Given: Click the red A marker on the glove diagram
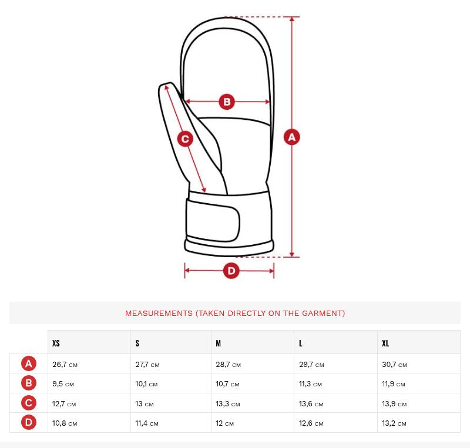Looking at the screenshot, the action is click(x=291, y=137).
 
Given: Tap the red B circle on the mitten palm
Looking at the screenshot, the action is click(x=227, y=102).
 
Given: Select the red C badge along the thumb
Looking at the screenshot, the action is click(x=185, y=139).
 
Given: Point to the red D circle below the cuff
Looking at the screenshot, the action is click(x=231, y=271).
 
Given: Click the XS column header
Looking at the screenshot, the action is click(x=56, y=343).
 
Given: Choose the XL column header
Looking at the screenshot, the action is click(x=385, y=343).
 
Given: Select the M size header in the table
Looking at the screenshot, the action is click(x=218, y=343).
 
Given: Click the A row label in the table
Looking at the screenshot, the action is click(x=29, y=363).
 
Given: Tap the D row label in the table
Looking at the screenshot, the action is click(x=29, y=422).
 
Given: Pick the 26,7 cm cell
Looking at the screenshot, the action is click(x=65, y=365).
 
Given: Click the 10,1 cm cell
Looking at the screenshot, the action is click(x=146, y=384).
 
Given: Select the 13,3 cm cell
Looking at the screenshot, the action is click(x=228, y=403).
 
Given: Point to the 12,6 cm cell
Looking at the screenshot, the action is click(x=311, y=423).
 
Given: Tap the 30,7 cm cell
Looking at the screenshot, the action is click(x=394, y=365).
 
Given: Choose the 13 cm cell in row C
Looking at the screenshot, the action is click(x=145, y=403).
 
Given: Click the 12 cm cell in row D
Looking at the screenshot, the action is click(x=224, y=423).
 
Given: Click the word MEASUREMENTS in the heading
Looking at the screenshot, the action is click(x=159, y=313).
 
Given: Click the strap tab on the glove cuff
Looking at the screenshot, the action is click(x=213, y=220).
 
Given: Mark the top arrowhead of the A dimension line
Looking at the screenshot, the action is click(x=292, y=19).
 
